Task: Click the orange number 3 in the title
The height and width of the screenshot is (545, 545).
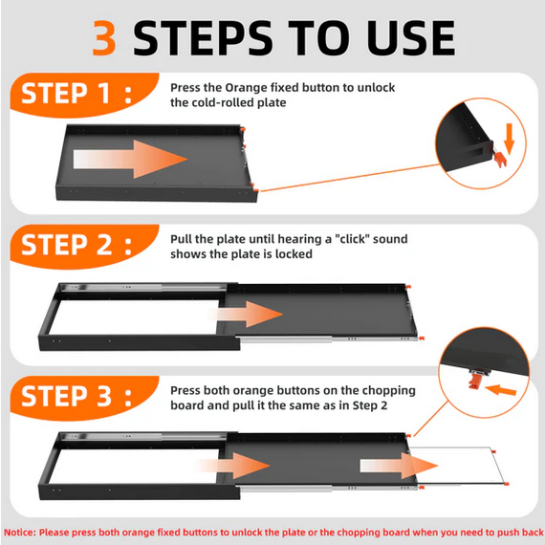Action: point(104,38)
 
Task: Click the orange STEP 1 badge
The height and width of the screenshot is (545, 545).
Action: point(84,95)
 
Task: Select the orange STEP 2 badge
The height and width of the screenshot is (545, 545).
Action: point(84,247)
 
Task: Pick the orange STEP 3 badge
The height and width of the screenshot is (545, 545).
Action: point(84,398)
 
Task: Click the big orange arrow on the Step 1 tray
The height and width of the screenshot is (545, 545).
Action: point(130,159)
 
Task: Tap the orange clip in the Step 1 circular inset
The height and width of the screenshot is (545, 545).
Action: point(500,159)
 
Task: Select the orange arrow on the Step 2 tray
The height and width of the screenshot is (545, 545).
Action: point(250,315)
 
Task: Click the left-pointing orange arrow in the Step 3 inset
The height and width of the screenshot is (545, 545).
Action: point(500,390)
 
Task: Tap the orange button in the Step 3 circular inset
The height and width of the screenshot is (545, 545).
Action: point(474,381)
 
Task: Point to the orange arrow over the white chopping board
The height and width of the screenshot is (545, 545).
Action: point(399,466)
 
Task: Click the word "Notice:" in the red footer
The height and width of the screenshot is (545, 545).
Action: point(20,533)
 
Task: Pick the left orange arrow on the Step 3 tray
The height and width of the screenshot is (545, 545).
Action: point(233,466)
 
